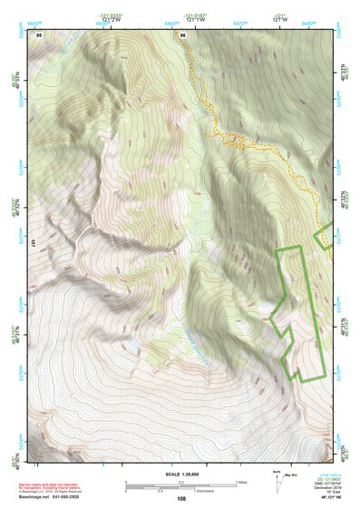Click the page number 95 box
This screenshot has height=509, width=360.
coord(39,34)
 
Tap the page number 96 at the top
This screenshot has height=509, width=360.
coord(183,34)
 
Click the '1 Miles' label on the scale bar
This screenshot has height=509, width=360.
coord(242,481)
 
